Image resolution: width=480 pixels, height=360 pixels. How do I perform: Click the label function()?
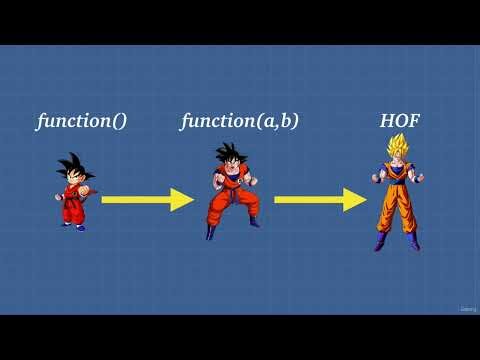pos(82,122)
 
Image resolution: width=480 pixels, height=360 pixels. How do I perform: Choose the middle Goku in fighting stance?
pos(232,190)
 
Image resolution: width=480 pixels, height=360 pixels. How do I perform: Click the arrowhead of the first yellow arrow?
pos(182,200)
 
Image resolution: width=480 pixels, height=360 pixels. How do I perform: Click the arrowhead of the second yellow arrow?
pos(355,200)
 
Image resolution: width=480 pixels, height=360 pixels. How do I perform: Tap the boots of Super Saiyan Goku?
pos(397,241)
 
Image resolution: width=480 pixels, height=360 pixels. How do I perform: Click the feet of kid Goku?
pos(75,226)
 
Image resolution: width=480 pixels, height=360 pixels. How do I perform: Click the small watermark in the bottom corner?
pos(468,308)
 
